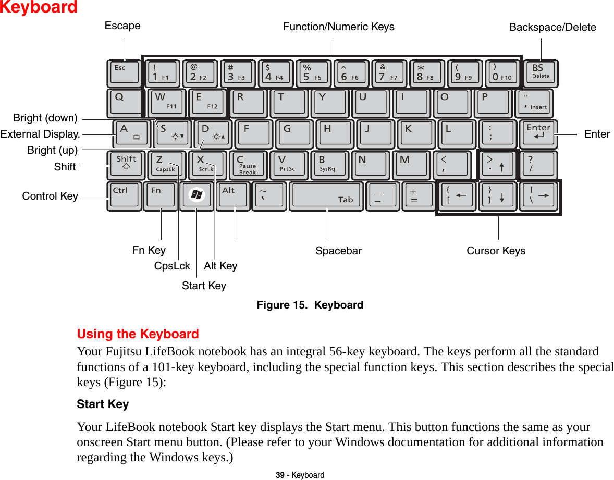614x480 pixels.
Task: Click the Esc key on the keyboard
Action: [124, 73]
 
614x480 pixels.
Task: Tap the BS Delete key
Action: [541, 73]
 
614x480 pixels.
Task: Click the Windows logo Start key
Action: [197, 195]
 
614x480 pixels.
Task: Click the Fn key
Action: [161, 195]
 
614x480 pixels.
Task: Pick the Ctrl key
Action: [124, 195]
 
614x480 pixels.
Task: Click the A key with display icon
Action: [130, 134]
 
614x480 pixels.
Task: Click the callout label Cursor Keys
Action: [496, 251]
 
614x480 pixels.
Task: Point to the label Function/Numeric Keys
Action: [338, 27]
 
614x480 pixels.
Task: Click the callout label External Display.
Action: [40, 134]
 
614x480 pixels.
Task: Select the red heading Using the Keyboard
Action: [138, 334]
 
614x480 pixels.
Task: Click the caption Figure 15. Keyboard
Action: [310, 305]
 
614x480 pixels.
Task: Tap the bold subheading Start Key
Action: [103, 404]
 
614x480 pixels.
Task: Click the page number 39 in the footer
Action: [280, 475]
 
